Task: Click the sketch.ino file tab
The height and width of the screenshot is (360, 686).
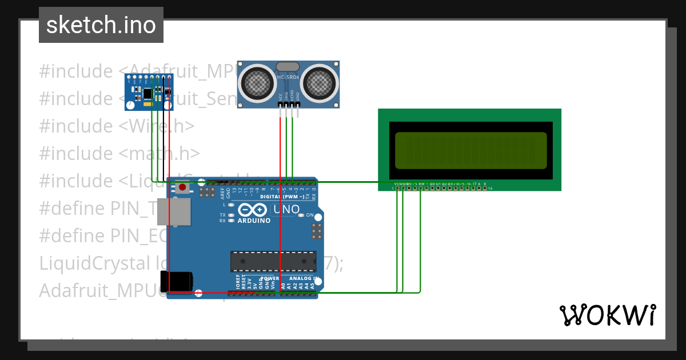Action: (101, 25)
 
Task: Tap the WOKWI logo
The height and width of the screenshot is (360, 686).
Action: (608, 315)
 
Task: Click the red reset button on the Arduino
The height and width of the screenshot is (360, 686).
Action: (182, 187)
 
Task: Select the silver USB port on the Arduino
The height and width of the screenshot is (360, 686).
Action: (178, 211)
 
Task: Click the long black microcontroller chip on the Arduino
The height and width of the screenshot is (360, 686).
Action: (273, 261)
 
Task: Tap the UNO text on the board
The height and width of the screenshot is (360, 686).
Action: (286, 210)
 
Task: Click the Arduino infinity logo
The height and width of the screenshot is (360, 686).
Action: (249, 210)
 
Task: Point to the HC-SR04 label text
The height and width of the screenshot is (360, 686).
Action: (289, 77)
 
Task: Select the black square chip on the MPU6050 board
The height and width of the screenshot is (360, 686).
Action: (147, 92)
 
